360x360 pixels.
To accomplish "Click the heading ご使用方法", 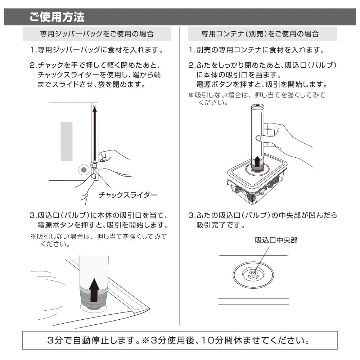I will click(x=57, y=17).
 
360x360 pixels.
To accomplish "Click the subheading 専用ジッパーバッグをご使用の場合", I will click(x=96, y=34).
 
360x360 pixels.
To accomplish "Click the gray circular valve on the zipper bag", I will click(x=84, y=170).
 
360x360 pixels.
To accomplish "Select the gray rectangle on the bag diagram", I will click(x=66, y=141).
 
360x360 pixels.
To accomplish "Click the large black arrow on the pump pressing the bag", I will click(x=94, y=289).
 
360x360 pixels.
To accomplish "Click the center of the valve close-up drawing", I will click(x=253, y=274).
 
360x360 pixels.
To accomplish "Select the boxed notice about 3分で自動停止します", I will click(x=180, y=340).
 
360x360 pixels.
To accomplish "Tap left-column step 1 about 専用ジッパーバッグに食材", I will click(x=96, y=49).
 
